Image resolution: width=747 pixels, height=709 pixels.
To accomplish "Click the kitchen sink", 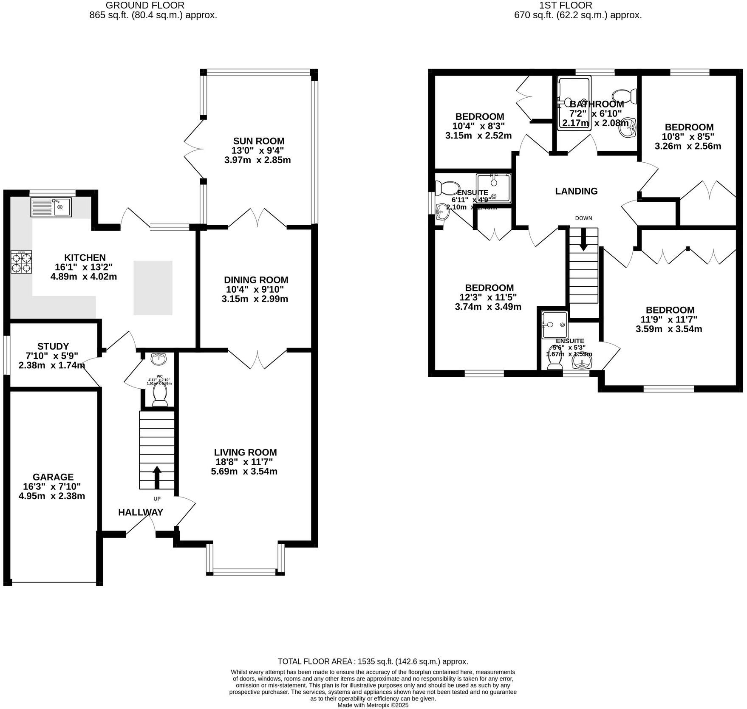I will point(51,207).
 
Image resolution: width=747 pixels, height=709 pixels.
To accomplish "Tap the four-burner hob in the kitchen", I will point(21,262).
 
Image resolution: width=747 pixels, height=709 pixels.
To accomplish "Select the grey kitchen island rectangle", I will point(153,288).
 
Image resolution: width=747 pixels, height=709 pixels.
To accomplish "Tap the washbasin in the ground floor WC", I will point(159,359).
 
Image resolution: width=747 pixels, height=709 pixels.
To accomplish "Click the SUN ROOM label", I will point(259,141).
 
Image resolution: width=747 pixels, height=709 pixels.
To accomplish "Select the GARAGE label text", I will point(53,477).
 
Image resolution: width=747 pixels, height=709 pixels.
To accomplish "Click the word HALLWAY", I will point(141,512).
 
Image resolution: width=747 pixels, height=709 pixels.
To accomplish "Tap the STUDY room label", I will point(53,346).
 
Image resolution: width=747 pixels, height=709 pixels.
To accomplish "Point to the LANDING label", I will point(576,191).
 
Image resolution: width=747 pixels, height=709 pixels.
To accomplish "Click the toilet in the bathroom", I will point(625,96).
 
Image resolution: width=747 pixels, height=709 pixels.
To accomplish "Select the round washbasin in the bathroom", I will point(628,128).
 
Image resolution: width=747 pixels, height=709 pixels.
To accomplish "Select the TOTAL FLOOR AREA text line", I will point(373,661).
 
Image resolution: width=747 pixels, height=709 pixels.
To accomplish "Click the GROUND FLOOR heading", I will point(145,6).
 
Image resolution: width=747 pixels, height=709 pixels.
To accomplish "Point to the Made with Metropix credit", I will point(373,705).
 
